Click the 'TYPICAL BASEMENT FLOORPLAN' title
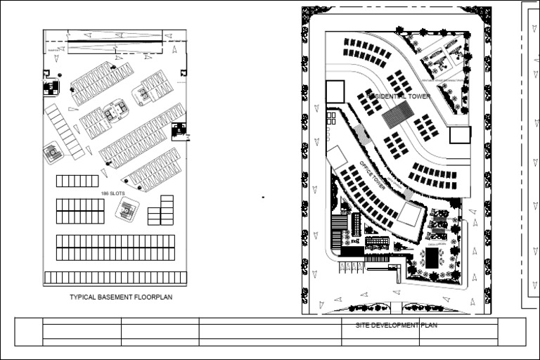point(121,297)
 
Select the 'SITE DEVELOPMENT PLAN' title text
point(396,325)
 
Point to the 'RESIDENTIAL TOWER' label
point(397,95)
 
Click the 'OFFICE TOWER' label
point(373,175)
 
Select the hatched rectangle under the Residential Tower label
point(398,115)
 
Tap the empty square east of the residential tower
point(460,135)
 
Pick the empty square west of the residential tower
point(335,91)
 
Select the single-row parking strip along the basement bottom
point(115,278)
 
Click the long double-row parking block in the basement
point(115,247)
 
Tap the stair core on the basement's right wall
point(179,131)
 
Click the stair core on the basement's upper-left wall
point(51,88)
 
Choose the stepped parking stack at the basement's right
point(162,210)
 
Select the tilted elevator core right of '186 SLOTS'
point(127,208)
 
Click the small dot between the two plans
point(263,198)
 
